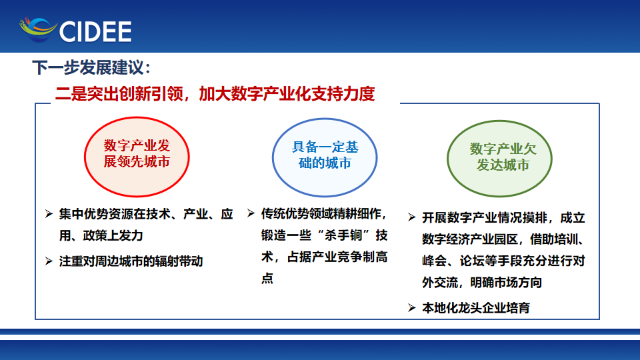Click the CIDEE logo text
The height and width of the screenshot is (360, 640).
(x=95, y=31)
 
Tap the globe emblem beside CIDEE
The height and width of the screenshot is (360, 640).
(x=38, y=29)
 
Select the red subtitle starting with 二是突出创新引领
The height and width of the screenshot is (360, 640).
(x=215, y=94)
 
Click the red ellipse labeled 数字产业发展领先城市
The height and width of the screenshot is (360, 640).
(x=137, y=157)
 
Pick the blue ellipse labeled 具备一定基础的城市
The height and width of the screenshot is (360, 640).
(x=325, y=157)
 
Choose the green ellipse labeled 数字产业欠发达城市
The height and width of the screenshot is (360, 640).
(x=499, y=159)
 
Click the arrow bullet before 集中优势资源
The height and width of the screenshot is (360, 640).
(x=49, y=213)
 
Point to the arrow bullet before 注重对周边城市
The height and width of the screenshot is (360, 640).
(x=49, y=261)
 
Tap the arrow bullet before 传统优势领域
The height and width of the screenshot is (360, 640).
(x=251, y=213)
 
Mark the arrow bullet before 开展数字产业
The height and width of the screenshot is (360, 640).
(x=411, y=217)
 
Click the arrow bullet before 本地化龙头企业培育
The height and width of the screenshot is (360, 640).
(x=411, y=307)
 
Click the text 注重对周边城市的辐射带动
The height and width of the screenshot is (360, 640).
(x=131, y=261)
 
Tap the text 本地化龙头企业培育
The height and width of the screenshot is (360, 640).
(x=476, y=308)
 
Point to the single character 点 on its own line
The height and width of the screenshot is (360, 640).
(x=267, y=279)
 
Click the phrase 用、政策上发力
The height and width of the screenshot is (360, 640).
(x=101, y=235)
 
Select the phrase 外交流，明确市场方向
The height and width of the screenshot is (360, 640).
(x=482, y=282)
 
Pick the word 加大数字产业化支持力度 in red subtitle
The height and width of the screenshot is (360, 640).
(x=287, y=94)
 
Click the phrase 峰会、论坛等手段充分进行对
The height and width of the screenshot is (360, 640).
(x=504, y=261)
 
